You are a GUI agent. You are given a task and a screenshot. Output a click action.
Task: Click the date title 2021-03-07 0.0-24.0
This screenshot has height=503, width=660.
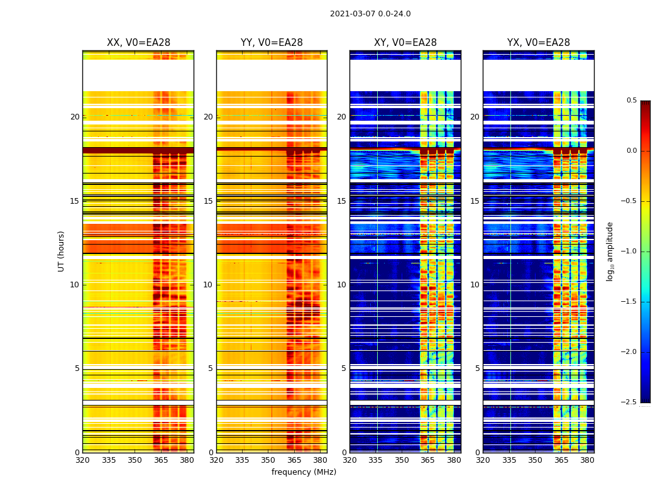[x=370, y=14]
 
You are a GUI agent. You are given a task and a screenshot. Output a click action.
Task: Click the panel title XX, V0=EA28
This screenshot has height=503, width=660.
[x=138, y=43]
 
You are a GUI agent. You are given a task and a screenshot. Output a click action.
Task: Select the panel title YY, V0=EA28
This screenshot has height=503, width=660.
[x=272, y=43]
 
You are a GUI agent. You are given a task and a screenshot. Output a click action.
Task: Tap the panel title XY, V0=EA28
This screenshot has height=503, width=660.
[x=405, y=43]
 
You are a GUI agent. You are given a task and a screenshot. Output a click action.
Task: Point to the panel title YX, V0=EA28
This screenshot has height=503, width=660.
[x=539, y=43]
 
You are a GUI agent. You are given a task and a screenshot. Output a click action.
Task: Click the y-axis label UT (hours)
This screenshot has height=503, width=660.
[x=61, y=251]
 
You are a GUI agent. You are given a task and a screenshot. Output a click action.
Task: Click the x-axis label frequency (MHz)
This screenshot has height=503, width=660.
[x=304, y=472]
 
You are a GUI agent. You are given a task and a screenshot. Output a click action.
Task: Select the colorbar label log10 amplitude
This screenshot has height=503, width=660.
[x=610, y=251]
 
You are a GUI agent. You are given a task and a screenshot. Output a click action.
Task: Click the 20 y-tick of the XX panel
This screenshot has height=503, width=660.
[x=75, y=117]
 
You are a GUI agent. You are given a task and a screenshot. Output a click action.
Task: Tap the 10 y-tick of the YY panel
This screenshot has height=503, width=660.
[x=208, y=285]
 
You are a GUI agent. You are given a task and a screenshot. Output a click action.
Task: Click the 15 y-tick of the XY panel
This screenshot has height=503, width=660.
[x=341, y=201]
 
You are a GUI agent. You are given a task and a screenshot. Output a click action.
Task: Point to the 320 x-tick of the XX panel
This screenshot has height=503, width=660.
[x=82, y=460]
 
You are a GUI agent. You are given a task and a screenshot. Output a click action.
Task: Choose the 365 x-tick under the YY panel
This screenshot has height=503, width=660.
[x=294, y=460]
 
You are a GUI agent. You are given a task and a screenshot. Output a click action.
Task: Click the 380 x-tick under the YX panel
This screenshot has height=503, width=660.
[x=587, y=460]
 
